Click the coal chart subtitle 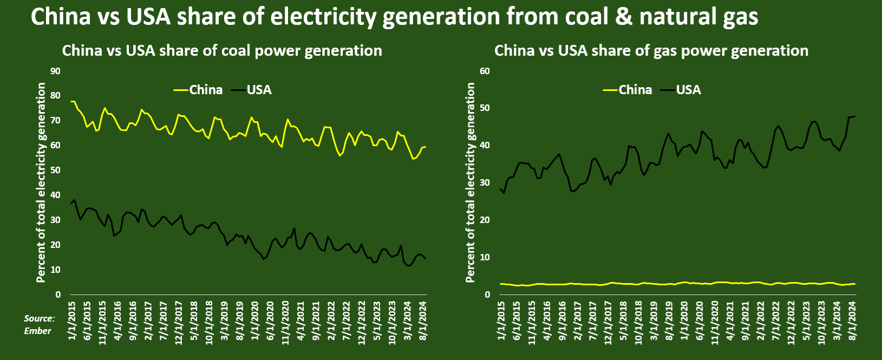(222, 51)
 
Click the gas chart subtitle (651, 51)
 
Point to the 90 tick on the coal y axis (55, 71)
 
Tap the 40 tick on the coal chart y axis (55, 195)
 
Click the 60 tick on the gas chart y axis (485, 71)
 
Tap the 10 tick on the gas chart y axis (485, 257)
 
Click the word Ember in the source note (37, 331)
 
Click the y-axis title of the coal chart (41, 182)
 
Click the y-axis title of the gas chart (471, 182)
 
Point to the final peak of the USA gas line (854, 116)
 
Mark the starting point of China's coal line (71, 101)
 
